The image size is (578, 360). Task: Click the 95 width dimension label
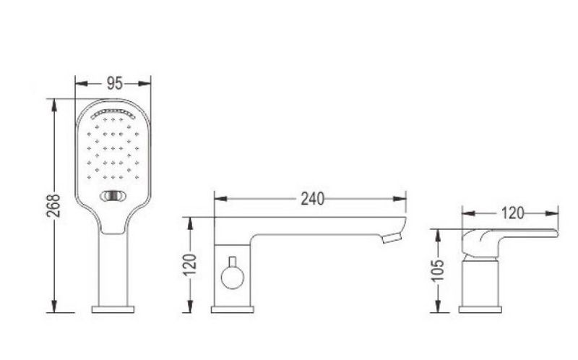tap(114, 83)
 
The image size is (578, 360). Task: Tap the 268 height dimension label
tap(54, 205)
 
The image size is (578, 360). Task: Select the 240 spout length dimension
tap(313, 199)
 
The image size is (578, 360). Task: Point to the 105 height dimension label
tap(438, 270)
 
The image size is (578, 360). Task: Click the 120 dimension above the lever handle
tap(513, 213)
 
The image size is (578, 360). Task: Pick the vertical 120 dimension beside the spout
tap(190, 265)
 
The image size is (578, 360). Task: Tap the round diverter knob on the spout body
tap(232, 278)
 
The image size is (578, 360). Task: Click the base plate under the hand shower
tap(113, 309)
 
